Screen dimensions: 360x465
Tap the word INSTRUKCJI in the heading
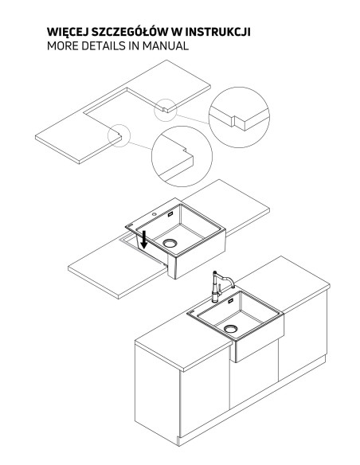tap(219, 32)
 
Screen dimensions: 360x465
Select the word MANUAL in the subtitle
tap(165, 46)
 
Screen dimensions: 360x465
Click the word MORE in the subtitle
tap(63, 46)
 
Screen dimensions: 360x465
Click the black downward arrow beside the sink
tap(144, 240)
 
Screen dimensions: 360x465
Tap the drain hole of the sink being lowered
tap(170, 243)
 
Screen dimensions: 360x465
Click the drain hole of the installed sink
tap(230, 329)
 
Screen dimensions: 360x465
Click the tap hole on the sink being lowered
tap(155, 213)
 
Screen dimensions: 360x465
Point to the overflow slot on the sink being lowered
tap(170, 214)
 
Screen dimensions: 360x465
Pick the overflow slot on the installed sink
tap(231, 301)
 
